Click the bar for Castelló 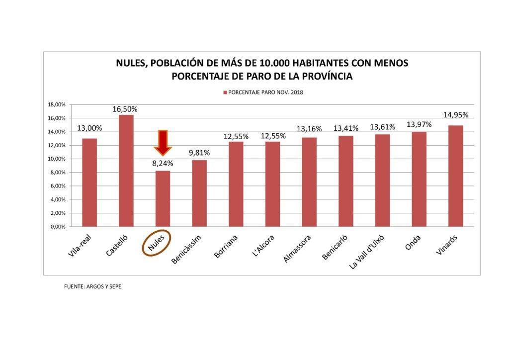126,171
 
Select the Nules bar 163,198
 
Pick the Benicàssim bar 199,193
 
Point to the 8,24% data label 163,163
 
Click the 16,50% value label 125,109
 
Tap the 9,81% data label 199,153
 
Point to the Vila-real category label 81,245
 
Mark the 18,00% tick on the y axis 56,104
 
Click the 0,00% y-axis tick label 57,227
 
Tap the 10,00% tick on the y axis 56,159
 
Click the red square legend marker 225,92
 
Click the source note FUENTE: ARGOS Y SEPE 93,287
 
